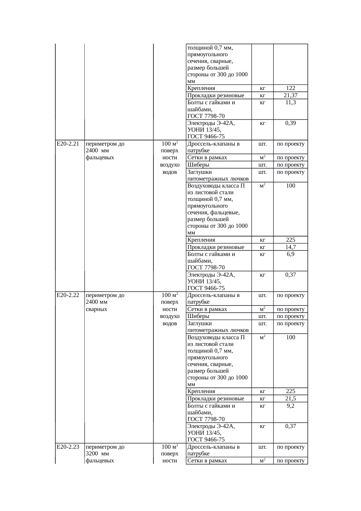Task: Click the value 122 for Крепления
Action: point(291,88)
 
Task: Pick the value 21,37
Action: point(291,96)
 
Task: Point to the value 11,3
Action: point(291,102)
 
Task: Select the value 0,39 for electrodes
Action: point(291,123)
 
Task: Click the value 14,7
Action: point(291,247)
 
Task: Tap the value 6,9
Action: point(291,254)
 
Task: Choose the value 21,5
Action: point(291,399)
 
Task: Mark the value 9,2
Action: point(291,406)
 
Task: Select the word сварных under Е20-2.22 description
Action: point(97,309)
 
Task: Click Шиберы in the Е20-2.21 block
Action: point(198,165)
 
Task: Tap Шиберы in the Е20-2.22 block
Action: point(198,316)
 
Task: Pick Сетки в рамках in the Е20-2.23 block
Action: point(207,461)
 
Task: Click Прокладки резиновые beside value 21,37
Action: point(216,96)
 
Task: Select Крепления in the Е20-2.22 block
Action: point(201,391)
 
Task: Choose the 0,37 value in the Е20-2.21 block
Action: point(291,275)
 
